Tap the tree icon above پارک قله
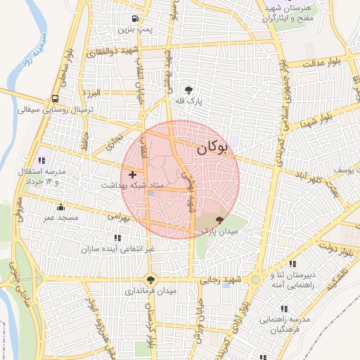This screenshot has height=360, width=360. [x=188, y=89]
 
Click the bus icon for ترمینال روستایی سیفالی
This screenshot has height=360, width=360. [x=56, y=98]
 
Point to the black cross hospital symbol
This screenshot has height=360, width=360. [x=132, y=173]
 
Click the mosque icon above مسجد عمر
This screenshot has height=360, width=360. [x=60, y=207]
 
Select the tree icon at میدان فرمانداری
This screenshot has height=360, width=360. [x=149, y=278]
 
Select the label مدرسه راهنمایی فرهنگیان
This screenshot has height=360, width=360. [x=285, y=323]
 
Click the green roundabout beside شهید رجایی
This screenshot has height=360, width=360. [x=255, y=279]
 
